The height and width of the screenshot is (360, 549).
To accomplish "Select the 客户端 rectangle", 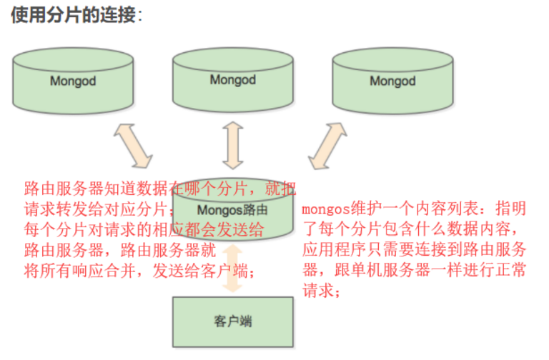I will point(233,321).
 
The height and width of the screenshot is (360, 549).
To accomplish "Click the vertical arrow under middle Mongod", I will point(233,144).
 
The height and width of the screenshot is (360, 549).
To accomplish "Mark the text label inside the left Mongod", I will point(73,81).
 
